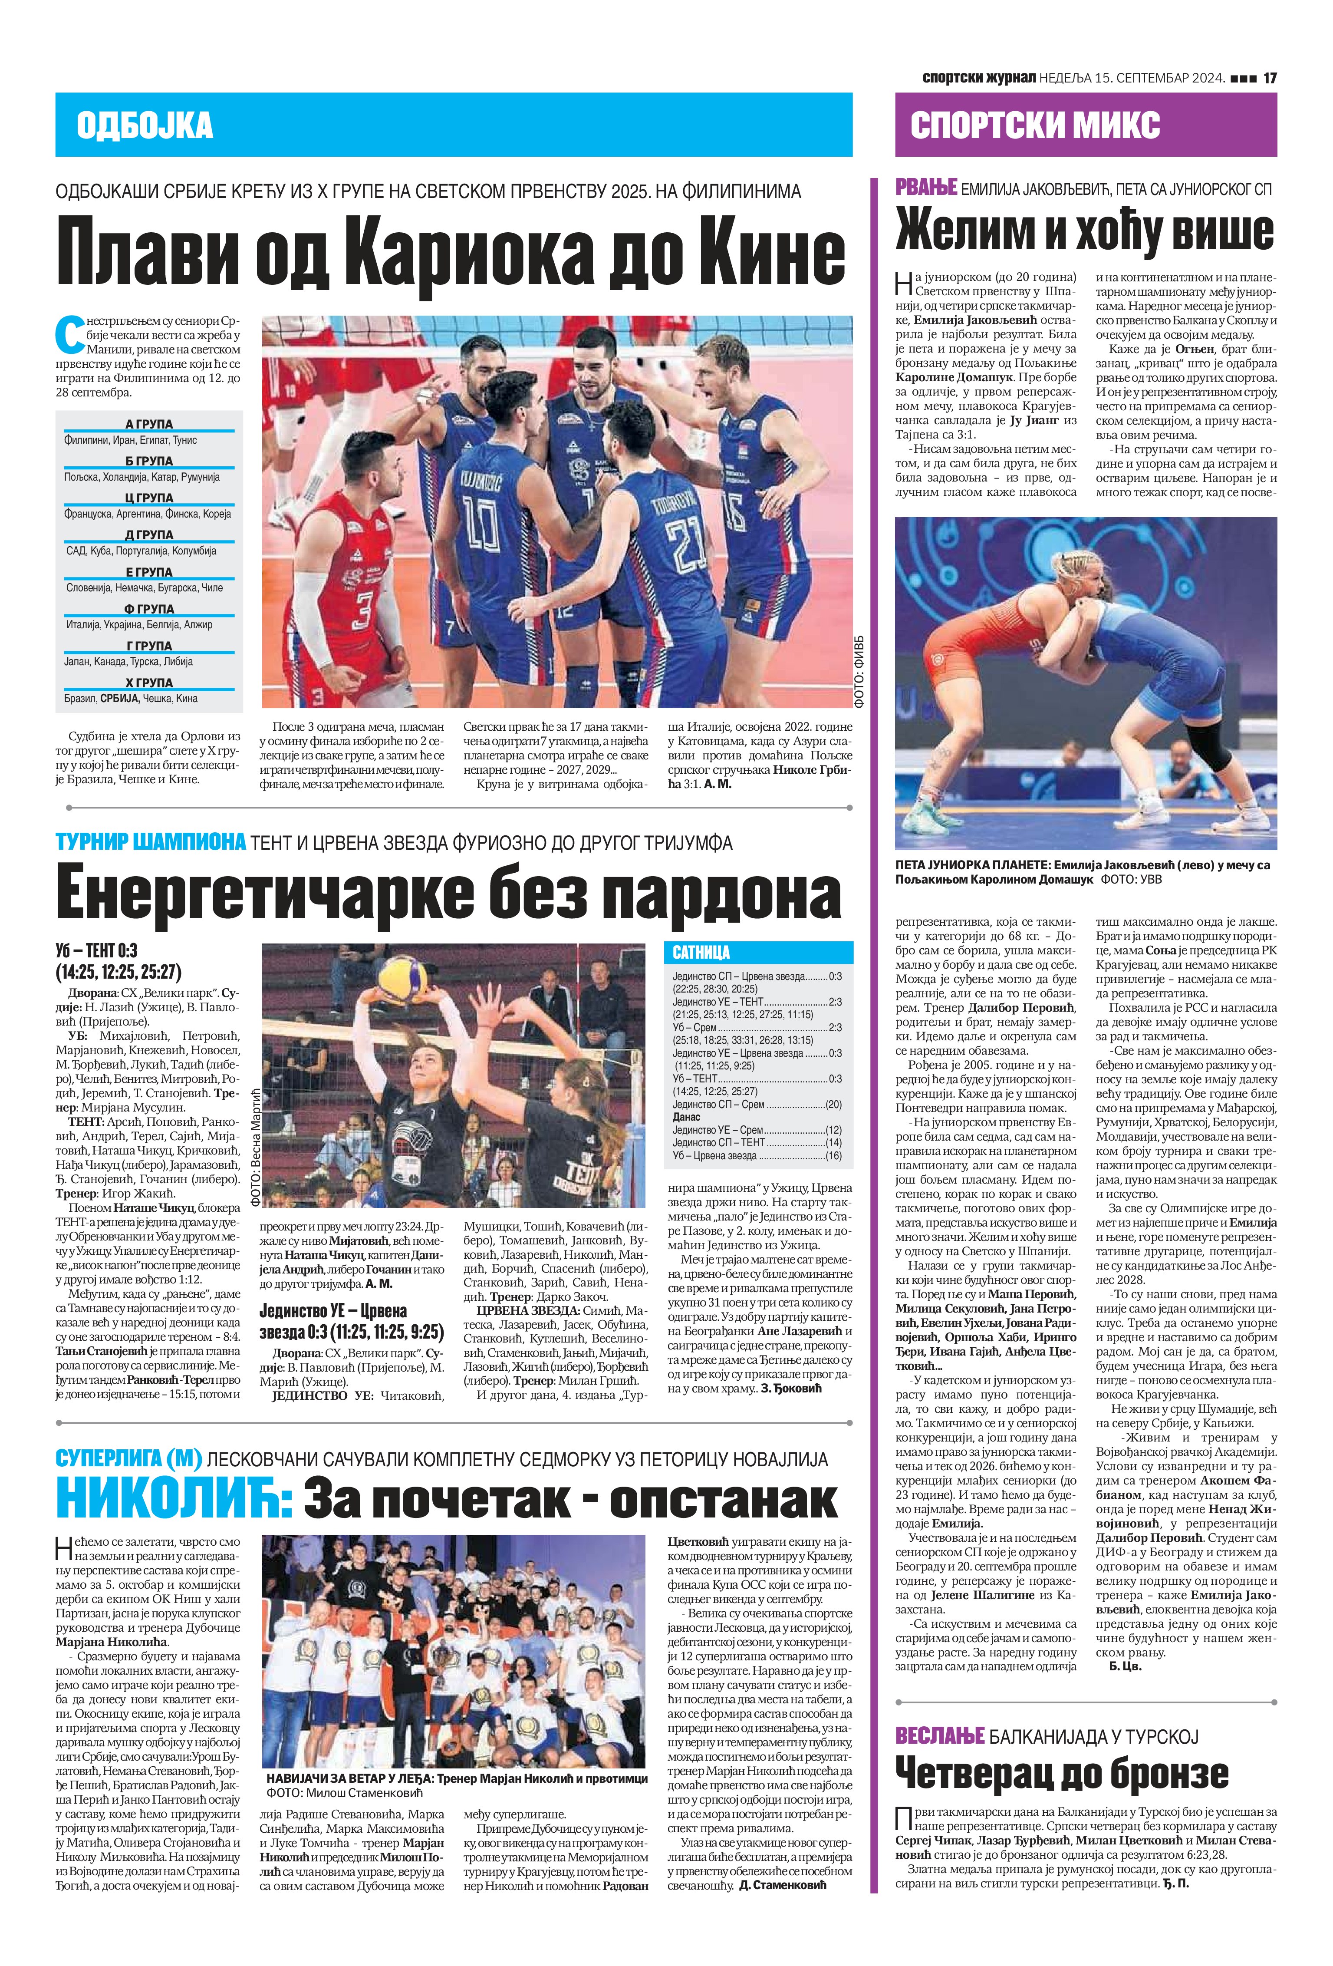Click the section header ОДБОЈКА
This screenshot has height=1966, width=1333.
click(144, 125)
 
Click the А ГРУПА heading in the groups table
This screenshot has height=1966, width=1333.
click(149, 424)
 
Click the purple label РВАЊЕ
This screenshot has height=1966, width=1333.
click(925, 188)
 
